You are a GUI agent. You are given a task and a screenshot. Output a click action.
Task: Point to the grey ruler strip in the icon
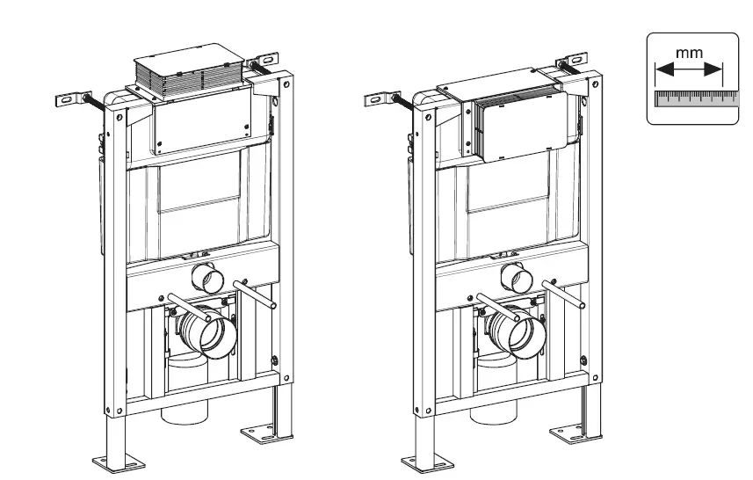point(692,97)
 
